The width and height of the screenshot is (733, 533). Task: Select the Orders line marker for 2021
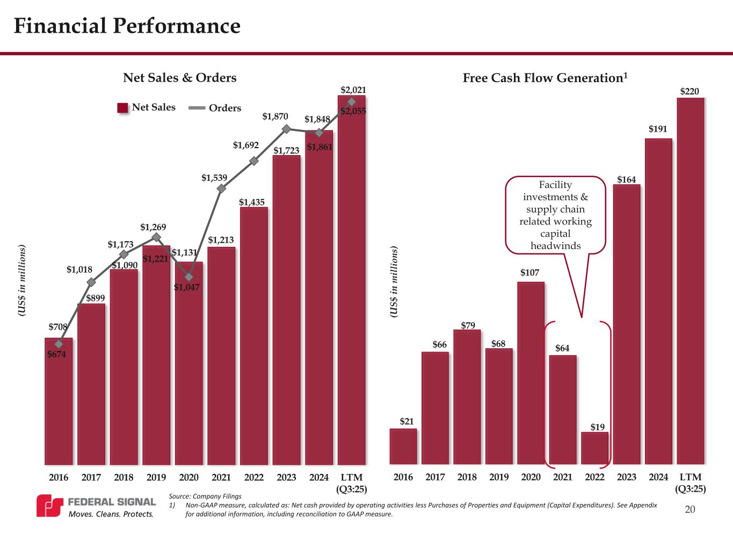(221, 188)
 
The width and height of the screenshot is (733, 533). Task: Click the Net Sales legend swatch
(123, 108)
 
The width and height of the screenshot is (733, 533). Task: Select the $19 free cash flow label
(597, 427)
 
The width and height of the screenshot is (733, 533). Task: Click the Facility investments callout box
(555, 215)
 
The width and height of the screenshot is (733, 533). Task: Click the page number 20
(690, 509)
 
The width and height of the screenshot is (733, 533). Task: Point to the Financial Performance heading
(127, 26)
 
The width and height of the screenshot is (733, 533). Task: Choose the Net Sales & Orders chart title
(180, 78)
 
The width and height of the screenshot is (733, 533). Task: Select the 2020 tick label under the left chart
(189, 477)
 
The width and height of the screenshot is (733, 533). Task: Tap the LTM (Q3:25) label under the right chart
(691, 483)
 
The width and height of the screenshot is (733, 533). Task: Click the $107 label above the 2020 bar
(529, 273)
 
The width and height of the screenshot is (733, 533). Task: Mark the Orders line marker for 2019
(156, 237)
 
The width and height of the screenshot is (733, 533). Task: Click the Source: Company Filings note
(205, 496)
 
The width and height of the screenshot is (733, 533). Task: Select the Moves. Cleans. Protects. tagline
(111, 514)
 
